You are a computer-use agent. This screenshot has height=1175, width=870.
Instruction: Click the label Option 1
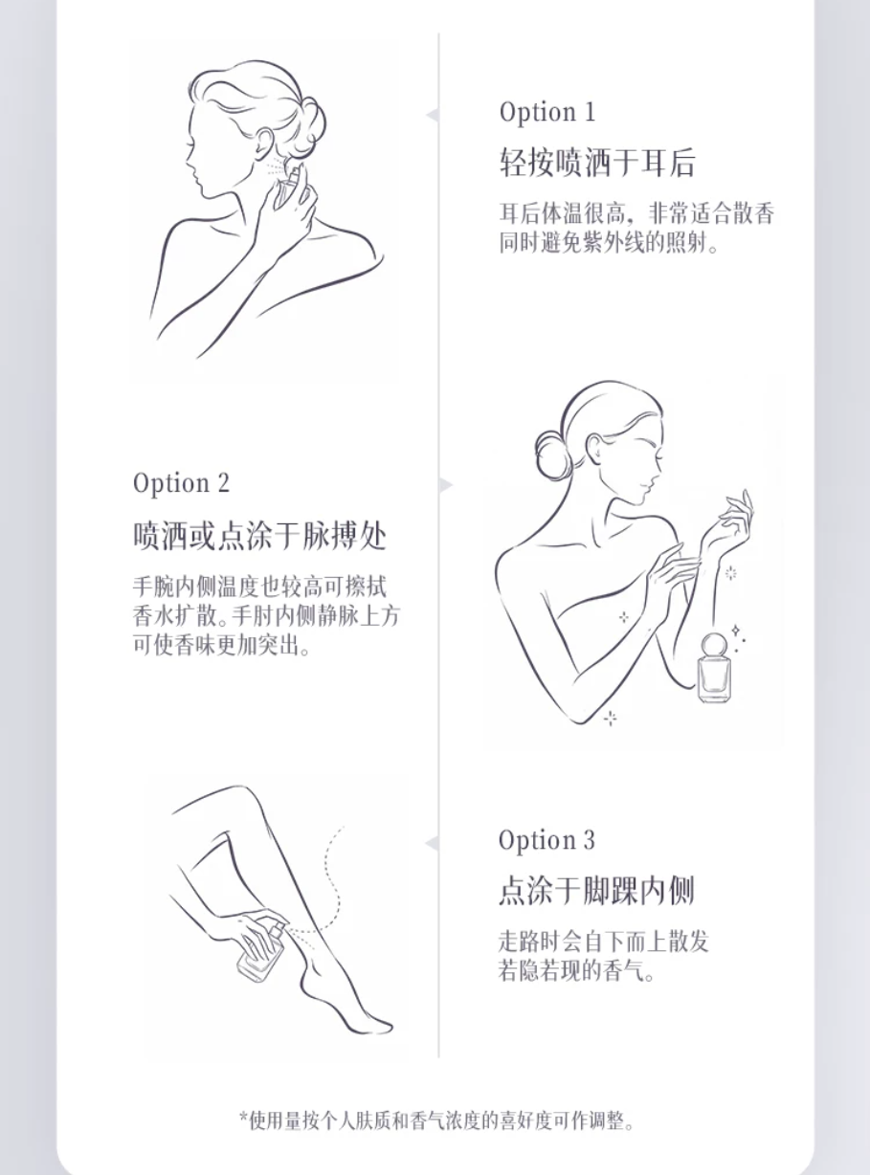click(x=547, y=112)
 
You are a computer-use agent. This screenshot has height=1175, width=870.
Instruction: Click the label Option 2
click(x=181, y=483)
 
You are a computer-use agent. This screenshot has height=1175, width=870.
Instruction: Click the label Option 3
click(x=547, y=840)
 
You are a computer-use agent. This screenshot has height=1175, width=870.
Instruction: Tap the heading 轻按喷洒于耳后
click(x=597, y=162)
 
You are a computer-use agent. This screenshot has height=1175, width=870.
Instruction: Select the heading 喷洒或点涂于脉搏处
click(x=259, y=536)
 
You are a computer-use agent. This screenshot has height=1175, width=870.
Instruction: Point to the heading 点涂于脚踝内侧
click(x=596, y=890)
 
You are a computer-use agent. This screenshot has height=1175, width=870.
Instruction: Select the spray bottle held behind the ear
click(x=288, y=185)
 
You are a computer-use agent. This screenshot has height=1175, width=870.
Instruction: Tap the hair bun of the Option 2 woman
click(x=552, y=453)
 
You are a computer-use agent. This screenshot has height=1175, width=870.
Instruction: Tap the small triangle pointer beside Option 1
click(x=433, y=115)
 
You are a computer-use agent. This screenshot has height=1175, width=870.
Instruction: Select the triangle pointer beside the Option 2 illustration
click(x=446, y=485)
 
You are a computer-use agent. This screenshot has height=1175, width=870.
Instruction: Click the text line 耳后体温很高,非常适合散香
click(x=636, y=214)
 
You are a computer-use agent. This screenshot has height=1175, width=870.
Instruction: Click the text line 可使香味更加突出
click(x=221, y=645)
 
